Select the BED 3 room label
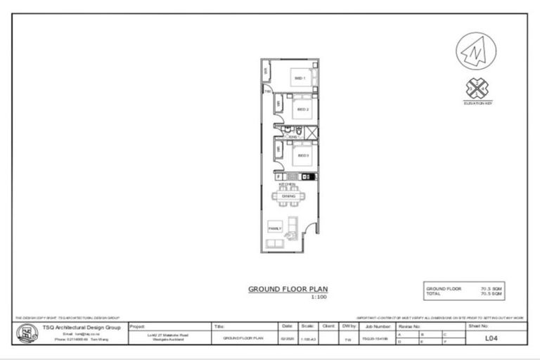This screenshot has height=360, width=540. (x=303, y=155)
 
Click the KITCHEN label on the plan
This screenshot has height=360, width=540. (x=288, y=184)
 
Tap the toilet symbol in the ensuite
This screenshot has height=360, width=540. (x=299, y=132)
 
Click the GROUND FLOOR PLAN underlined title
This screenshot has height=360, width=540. (x=288, y=289)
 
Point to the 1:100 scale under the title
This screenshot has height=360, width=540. (x=319, y=297)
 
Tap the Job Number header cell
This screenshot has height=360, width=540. (x=378, y=327)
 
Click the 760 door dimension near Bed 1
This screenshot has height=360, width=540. (x=268, y=91)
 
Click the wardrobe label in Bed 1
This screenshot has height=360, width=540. (x=266, y=72)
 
